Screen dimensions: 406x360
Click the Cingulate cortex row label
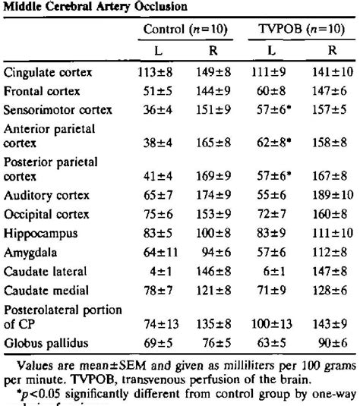pyautogui.click(x=48, y=74)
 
